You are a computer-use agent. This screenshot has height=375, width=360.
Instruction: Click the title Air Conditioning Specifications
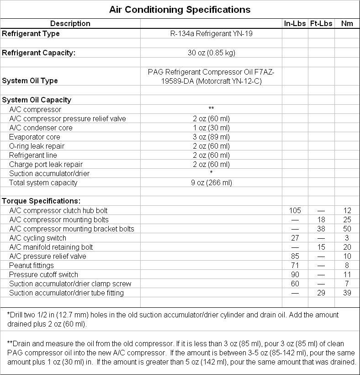click(x=180, y=9)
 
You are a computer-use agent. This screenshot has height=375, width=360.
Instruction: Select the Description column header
click(x=70, y=23)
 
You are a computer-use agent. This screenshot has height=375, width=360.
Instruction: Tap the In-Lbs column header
click(x=295, y=23)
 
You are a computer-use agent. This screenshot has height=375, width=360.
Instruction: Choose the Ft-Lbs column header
click(x=321, y=23)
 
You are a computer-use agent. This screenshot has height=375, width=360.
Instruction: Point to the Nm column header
click(x=347, y=23)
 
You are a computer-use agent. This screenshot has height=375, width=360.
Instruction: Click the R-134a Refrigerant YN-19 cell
click(x=211, y=33)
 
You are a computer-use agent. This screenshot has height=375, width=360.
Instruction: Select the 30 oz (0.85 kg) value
click(x=211, y=53)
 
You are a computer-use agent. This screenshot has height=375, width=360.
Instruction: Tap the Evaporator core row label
click(x=34, y=137)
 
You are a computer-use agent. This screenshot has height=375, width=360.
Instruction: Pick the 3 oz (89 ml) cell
click(x=211, y=137)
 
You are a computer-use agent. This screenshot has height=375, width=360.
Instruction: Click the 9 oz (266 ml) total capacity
click(x=211, y=182)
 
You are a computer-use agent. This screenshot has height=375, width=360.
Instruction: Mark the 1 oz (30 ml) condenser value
click(x=211, y=128)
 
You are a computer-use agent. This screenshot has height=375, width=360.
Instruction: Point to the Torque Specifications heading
click(x=41, y=201)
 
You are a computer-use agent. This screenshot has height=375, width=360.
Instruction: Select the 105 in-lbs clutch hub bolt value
click(x=295, y=210)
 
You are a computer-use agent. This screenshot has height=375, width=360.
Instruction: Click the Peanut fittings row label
click(x=31, y=265)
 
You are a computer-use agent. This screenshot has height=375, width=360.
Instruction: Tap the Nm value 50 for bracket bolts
click(x=347, y=229)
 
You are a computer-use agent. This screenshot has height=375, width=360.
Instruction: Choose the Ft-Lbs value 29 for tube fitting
click(x=321, y=293)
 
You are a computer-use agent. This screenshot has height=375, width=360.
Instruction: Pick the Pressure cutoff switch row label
click(x=43, y=274)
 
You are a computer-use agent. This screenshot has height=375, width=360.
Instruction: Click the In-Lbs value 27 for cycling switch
click(x=295, y=238)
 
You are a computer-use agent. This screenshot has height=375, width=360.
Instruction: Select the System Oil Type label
click(x=30, y=80)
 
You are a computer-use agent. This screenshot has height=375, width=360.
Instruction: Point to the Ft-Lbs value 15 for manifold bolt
click(x=321, y=247)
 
